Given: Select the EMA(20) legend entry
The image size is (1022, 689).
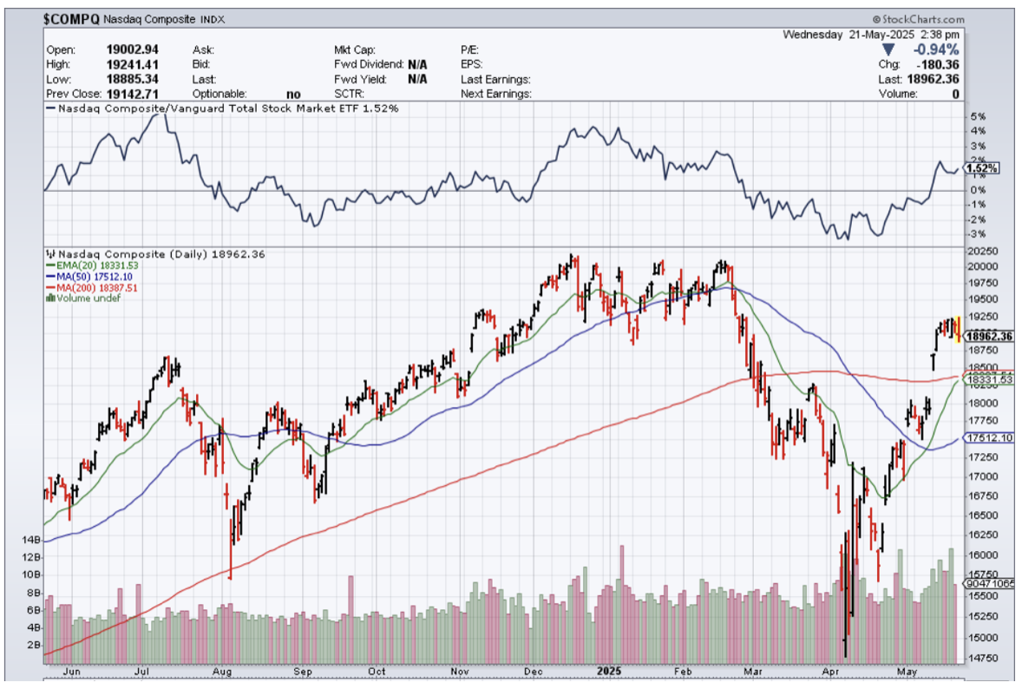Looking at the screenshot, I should (84, 266).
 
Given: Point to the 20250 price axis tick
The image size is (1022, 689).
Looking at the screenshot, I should (985, 253).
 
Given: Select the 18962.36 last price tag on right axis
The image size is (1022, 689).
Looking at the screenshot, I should (990, 336).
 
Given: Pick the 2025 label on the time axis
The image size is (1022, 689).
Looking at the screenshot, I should (606, 671).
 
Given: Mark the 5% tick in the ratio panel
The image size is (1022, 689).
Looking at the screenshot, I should (977, 116).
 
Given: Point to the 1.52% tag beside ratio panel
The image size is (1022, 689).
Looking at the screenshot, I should (981, 168).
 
